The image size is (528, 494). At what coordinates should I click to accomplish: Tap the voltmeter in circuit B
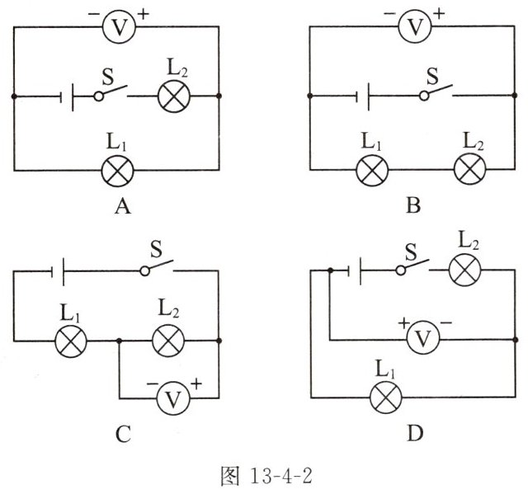[417, 26]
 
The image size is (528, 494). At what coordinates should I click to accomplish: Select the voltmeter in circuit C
[173, 399]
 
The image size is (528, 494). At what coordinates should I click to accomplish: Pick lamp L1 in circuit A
[117, 171]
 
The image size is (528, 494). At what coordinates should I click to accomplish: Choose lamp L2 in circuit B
[470, 171]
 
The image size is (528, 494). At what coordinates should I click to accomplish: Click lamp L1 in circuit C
[71, 340]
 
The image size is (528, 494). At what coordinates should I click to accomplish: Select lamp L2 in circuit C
[169, 340]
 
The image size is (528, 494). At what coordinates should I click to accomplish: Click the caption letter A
[123, 207]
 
